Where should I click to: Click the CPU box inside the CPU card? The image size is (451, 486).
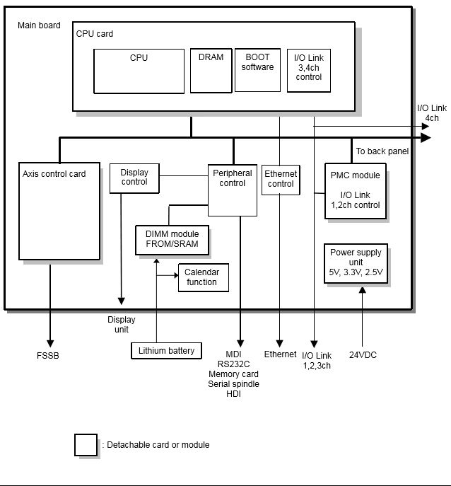(139, 71)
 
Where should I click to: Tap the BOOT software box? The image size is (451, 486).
(257, 70)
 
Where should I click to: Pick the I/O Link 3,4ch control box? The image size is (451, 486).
(309, 70)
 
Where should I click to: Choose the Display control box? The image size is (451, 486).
(134, 178)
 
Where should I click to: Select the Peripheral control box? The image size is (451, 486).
(232, 190)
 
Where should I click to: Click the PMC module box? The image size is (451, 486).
(356, 191)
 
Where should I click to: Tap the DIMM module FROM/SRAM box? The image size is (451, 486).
(172, 240)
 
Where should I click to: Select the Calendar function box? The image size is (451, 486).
(201, 277)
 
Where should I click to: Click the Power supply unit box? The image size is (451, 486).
(356, 263)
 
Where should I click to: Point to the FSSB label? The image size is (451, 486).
(48, 355)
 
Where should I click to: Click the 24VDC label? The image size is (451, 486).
(363, 355)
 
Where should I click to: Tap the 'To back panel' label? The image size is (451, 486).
(382, 151)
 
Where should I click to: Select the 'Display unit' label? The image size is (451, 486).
(121, 324)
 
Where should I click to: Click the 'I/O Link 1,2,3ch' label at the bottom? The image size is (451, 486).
(316, 360)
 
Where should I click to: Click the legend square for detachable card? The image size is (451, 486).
(86, 444)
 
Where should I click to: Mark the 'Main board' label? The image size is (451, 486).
(39, 25)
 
